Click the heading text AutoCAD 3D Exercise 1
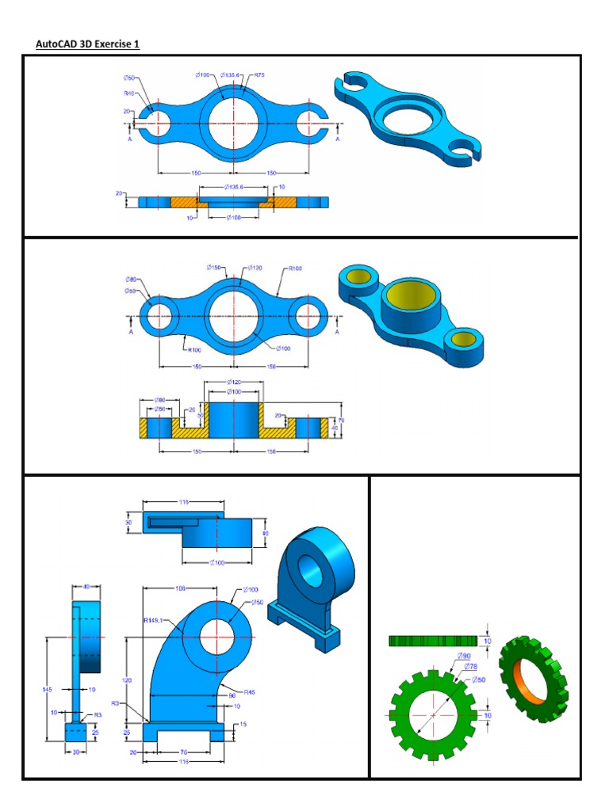tap(87, 44)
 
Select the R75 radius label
tap(259, 75)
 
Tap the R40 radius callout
tap(128, 93)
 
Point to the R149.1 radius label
tap(154, 621)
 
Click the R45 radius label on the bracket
tap(249, 691)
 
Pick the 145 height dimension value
tap(48, 690)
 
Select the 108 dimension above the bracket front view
tap(180, 588)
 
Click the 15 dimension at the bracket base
tap(243, 724)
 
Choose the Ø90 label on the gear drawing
tap(464, 656)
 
